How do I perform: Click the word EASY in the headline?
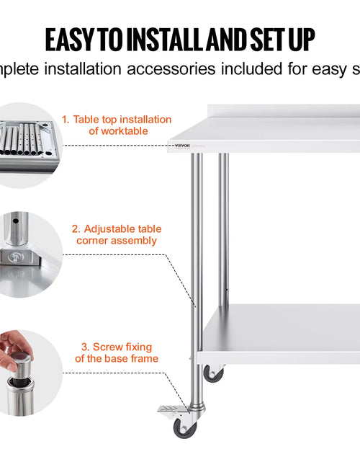tap(73, 39)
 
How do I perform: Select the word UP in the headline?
tap(300, 39)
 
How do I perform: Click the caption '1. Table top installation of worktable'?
tap(117, 125)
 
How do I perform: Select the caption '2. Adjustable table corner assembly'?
tap(117, 234)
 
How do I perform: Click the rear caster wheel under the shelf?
tap(213, 373)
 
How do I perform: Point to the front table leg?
tap(197, 274)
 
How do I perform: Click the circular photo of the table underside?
tap(25, 144)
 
